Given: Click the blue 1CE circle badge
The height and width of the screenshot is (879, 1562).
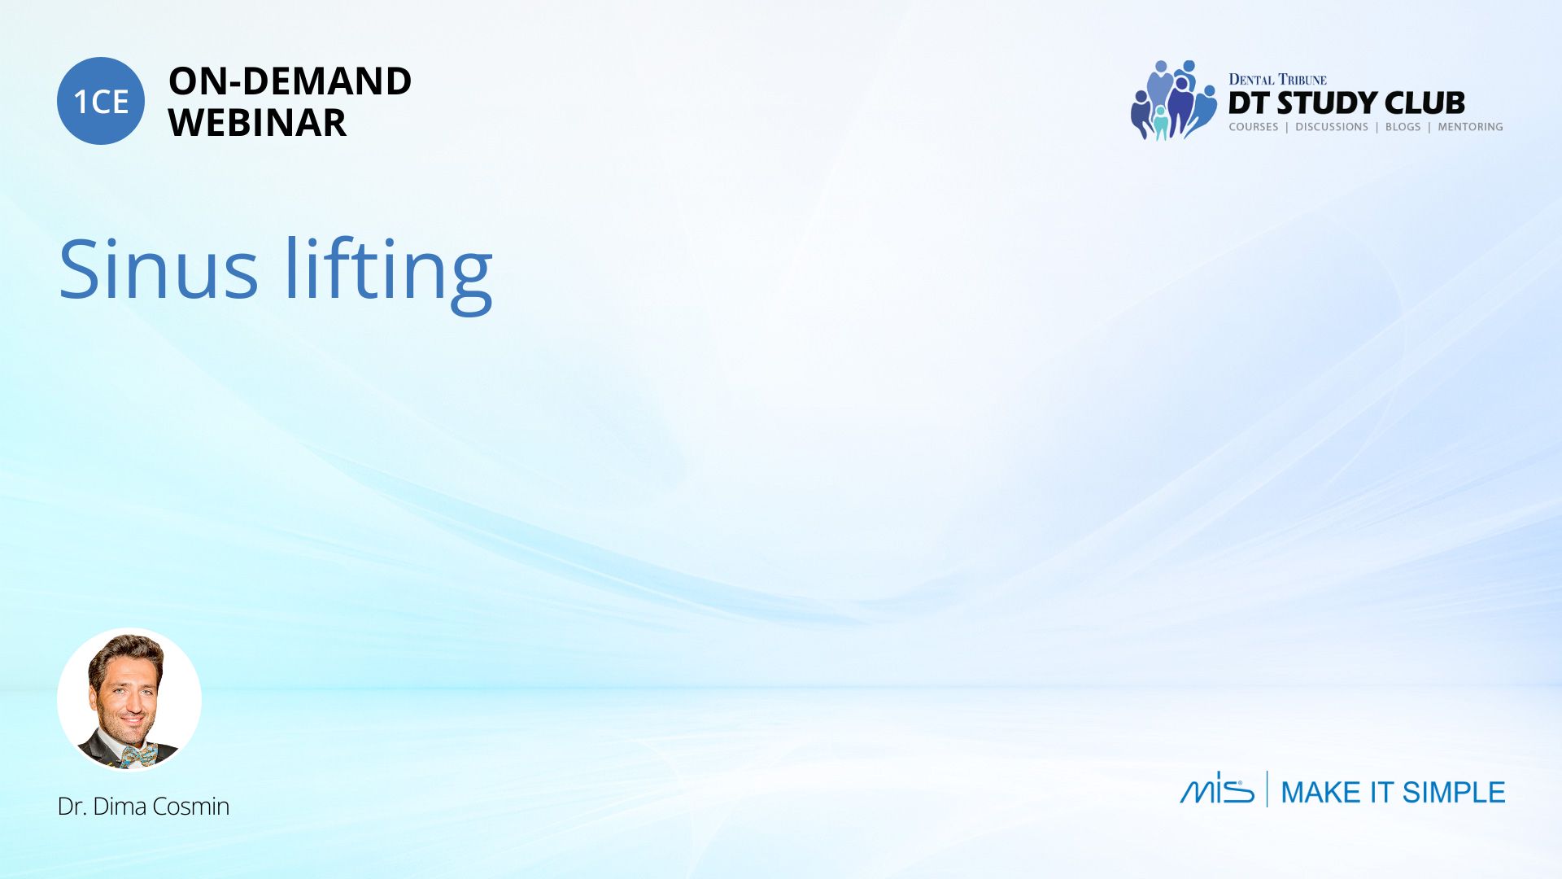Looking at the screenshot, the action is coord(101,101).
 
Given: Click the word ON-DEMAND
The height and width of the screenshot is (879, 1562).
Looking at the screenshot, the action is coord(290,81).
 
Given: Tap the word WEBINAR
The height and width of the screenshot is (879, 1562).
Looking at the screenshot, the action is coord(257,123).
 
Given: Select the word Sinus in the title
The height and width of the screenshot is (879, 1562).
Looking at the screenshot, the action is coord(159,269).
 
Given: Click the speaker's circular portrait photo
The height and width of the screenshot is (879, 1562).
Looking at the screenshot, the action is coord(129,699).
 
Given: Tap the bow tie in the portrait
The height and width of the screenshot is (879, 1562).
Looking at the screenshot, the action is coord(139,756).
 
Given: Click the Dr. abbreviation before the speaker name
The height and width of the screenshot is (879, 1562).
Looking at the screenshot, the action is coord(72,807).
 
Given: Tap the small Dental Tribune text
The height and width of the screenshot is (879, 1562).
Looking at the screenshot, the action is coord(1277,79).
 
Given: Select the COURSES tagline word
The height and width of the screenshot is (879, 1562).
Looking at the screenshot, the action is coord(1254,127).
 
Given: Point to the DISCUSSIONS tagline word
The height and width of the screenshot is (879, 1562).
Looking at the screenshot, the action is coord(1332,127).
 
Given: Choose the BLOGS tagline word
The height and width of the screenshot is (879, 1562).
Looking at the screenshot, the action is coord(1403,127).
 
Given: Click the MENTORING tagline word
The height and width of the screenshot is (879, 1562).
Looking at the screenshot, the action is coord(1470,127).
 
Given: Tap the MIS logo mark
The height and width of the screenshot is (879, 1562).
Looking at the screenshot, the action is coord(1217,788).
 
